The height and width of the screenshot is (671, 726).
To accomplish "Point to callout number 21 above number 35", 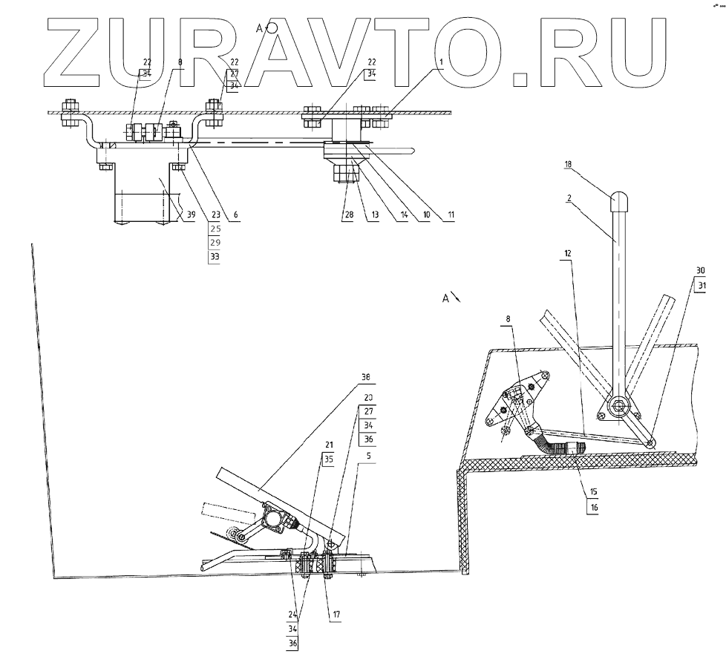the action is coord(327,445).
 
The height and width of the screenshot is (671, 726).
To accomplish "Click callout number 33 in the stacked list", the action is coord(215,256).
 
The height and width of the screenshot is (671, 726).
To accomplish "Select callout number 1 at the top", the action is coord(441,63).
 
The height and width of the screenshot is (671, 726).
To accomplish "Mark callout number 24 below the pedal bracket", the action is coord(292,615).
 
